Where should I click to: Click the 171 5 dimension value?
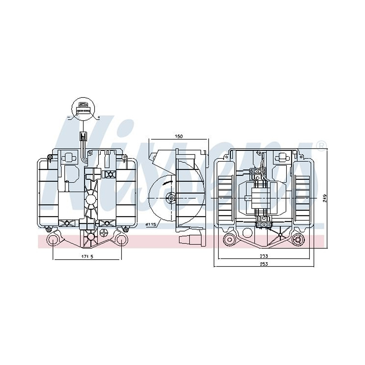87,256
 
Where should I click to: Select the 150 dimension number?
178,136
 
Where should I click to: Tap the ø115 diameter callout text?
151,224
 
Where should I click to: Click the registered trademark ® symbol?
321,145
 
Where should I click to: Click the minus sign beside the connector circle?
68,117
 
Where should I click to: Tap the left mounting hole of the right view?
230,239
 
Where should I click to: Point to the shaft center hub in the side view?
171,197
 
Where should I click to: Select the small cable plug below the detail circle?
84,136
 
